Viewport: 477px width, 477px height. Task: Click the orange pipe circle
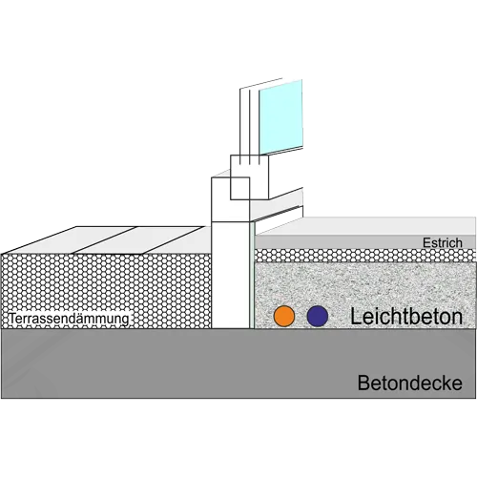[284, 316]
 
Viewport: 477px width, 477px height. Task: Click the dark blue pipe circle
[318, 316]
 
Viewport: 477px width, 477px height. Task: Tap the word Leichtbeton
[406, 317]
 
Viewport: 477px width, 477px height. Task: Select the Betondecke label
[410, 383]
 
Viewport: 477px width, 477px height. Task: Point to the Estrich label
[443, 243]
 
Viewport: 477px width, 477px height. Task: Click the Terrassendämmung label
[69, 319]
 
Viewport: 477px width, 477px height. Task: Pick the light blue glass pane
[280, 117]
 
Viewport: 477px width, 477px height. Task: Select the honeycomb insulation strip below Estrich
[365, 256]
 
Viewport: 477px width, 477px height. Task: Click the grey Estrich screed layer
[365, 242]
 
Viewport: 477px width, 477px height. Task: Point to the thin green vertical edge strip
[252, 275]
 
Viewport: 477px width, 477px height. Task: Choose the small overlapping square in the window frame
[239, 188]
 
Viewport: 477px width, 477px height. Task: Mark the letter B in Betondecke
[363, 383]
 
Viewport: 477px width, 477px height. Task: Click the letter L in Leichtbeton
[355, 317]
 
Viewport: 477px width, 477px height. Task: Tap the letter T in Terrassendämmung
[11, 319]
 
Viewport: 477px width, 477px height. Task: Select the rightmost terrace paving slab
[179, 240]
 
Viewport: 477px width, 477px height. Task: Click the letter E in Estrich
[426, 243]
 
